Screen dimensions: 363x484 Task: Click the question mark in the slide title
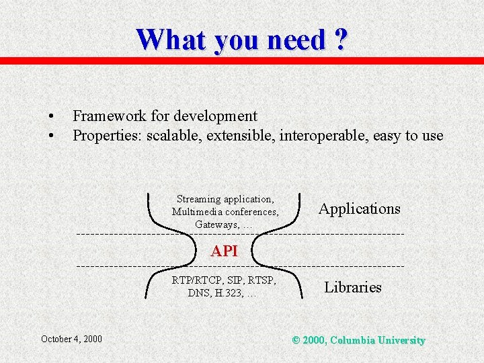pos(340,40)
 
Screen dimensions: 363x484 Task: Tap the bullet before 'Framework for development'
pos(50,116)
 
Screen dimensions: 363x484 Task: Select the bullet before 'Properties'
pos(50,136)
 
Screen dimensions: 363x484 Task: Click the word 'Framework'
pos(108,116)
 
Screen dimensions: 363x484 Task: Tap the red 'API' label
pos(224,251)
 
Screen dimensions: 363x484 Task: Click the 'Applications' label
pos(359,208)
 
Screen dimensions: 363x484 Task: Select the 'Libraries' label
pos(352,287)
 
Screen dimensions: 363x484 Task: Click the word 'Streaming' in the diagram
pos(198,199)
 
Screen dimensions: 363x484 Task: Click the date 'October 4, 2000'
pos(71,339)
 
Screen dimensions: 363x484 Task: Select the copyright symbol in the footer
pos(296,340)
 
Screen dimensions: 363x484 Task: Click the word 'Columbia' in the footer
pos(353,340)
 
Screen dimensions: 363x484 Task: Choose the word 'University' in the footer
pos(401,340)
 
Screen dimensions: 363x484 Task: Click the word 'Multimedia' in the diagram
pos(196,212)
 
